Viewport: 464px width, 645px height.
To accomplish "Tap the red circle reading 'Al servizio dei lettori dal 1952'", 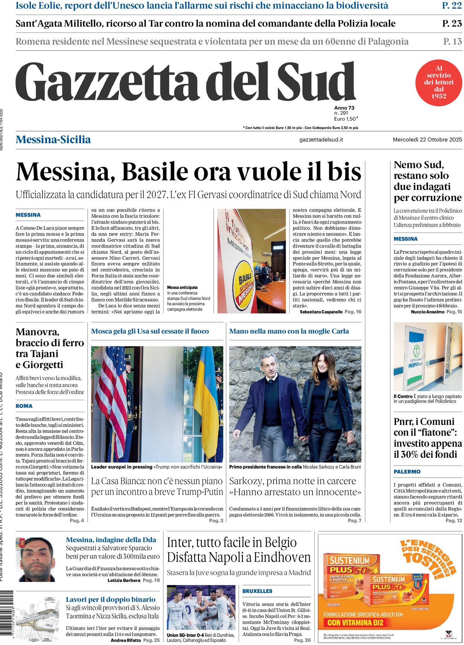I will pyautogui.click(x=438, y=82).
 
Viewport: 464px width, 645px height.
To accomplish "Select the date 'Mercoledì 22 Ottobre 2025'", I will pyautogui.click(x=427, y=140).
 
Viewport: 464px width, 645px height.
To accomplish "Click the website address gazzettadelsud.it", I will pyautogui.click(x=321, y=140).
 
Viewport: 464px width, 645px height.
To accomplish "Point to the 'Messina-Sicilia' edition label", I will pyautogui.click(x=53, y=140).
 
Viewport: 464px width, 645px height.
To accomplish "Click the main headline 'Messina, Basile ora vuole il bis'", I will pyautogui.click(x=189, y=172).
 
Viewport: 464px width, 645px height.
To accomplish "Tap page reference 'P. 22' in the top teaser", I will pyautogui.click(x=452, y=5).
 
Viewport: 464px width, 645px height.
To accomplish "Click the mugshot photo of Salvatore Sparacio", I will pyautogui.click(x=36, y=559).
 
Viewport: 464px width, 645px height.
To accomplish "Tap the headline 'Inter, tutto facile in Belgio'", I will pyautogui.click(x=232, y=543).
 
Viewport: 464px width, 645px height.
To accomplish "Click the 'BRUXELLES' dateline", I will pyautogui.click(x=257, y=591).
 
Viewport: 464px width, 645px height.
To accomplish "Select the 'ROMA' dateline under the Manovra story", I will pyautogui.click(x=24, y=406).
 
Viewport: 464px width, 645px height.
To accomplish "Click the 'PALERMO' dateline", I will pyautogui.click(x=407, y=472).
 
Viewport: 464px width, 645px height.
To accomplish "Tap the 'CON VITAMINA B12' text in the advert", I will pyautogui.click(x=355, y=623).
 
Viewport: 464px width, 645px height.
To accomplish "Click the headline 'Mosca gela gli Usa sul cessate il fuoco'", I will pyautogui.click(x=150, y=331).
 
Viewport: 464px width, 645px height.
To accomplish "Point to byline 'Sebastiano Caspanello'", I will pyautogui.click(x=321, y=312).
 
